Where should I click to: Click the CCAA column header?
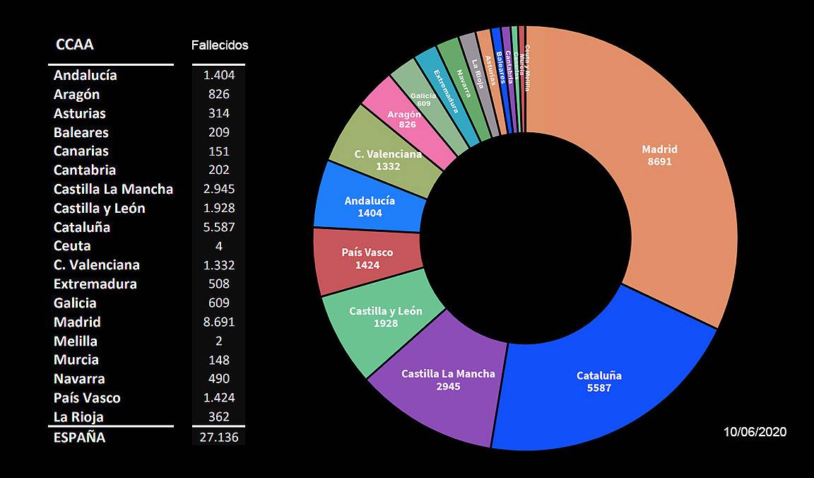tap(74, 45)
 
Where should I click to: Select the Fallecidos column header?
tap(220, 45)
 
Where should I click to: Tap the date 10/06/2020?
tap(755, 432)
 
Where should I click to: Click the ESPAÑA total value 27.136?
tap(218, 438)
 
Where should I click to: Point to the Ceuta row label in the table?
tap(72, 246)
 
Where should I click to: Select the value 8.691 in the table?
tap(218, 322)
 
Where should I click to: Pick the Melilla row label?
tap(76, 341)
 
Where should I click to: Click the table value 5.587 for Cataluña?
tap(218, 227)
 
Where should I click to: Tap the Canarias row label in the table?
tap(81, 151)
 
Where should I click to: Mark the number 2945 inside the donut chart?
tap(448, 386)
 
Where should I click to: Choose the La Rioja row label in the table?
tap(78, 416)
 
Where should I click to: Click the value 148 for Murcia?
tap(218, 360)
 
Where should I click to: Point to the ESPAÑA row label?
tap(79, 438)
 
